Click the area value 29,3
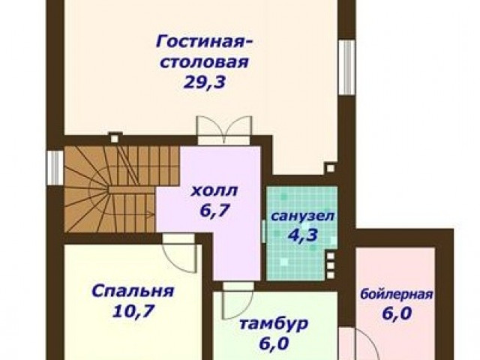tap(205, 82)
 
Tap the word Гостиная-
tap(205, 42)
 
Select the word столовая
tap(205, 62)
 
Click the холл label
tap(214, 190)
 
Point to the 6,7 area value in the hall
tap(214, 210)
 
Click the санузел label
tap(302, 217)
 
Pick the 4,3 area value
tap(302, 235)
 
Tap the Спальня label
tap(133, 291)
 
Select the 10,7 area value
tap(133, 311)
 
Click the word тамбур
tap(273, 324)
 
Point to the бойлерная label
tap(397, 295)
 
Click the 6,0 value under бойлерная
tap(397, 313)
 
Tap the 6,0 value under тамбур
tap(274, 343)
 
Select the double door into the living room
tap(224, 130)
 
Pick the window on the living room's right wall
tap(347, 67)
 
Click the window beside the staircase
tap(55, 167)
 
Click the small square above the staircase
tap(115, 139)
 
